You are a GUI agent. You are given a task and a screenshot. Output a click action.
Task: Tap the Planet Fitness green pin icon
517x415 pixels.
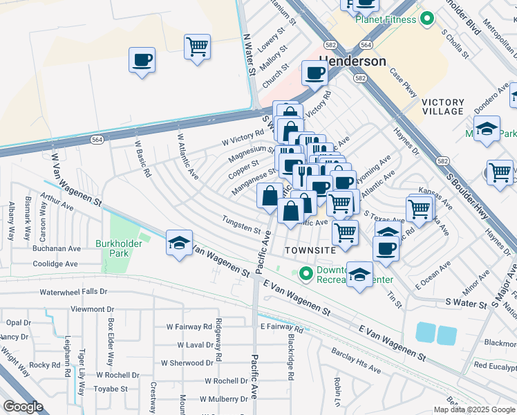(x=427, y=19)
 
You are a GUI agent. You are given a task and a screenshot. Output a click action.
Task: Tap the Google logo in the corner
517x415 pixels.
(x=23, y=406)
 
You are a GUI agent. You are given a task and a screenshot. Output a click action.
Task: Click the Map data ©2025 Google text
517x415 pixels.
(x=473, y=409)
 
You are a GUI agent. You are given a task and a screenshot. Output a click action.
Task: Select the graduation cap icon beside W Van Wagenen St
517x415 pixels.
(x=179, y=244)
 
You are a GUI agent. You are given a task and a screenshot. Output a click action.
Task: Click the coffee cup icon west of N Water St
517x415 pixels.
(x=142, y=59)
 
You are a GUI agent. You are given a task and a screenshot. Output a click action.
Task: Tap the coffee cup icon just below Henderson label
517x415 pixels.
(x=314, y=73)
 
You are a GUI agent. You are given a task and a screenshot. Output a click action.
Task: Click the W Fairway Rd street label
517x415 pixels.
(x=188, y=326)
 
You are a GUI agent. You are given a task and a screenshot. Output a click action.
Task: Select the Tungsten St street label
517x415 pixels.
(x=241, y=225)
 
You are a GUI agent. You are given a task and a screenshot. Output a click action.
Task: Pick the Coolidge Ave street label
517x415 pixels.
(x=55, y=264)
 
